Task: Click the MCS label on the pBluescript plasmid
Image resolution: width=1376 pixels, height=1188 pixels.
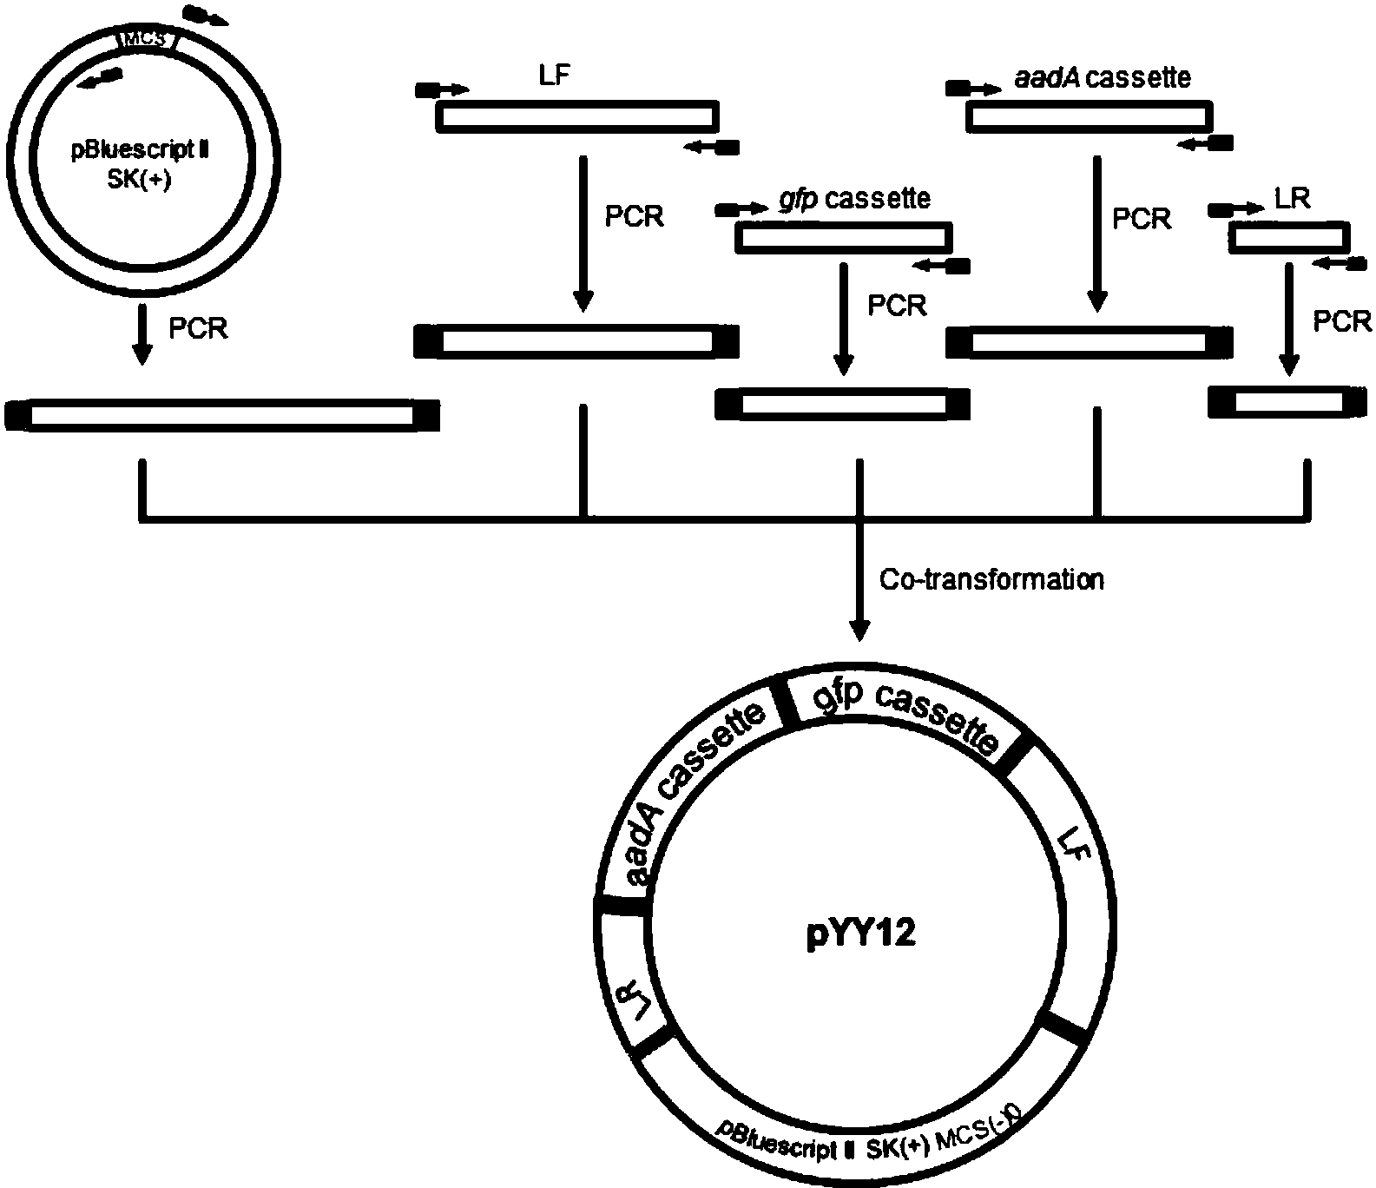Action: pyautogui.click(x=147, y=40)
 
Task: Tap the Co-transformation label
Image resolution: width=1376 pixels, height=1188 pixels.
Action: pyautogui.click(x=991, y=579)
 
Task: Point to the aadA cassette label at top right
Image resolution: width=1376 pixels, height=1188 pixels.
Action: pyautogui.click(x=1103, y=78)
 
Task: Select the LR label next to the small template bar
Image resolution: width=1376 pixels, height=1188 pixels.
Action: pyautogui.click(x=1293, y=199)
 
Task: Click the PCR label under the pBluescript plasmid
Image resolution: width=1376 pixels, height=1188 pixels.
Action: pyautogui.click(x=198, y=328)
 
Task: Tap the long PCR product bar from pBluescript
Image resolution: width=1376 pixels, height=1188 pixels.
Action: pyautogui.click(x=221, y=415)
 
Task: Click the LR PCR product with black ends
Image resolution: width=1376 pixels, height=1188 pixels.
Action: pyautogui.click(x=1287, y=402)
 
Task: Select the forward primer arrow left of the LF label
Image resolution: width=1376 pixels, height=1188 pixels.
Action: pyautogui.click(x=443, y=89)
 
